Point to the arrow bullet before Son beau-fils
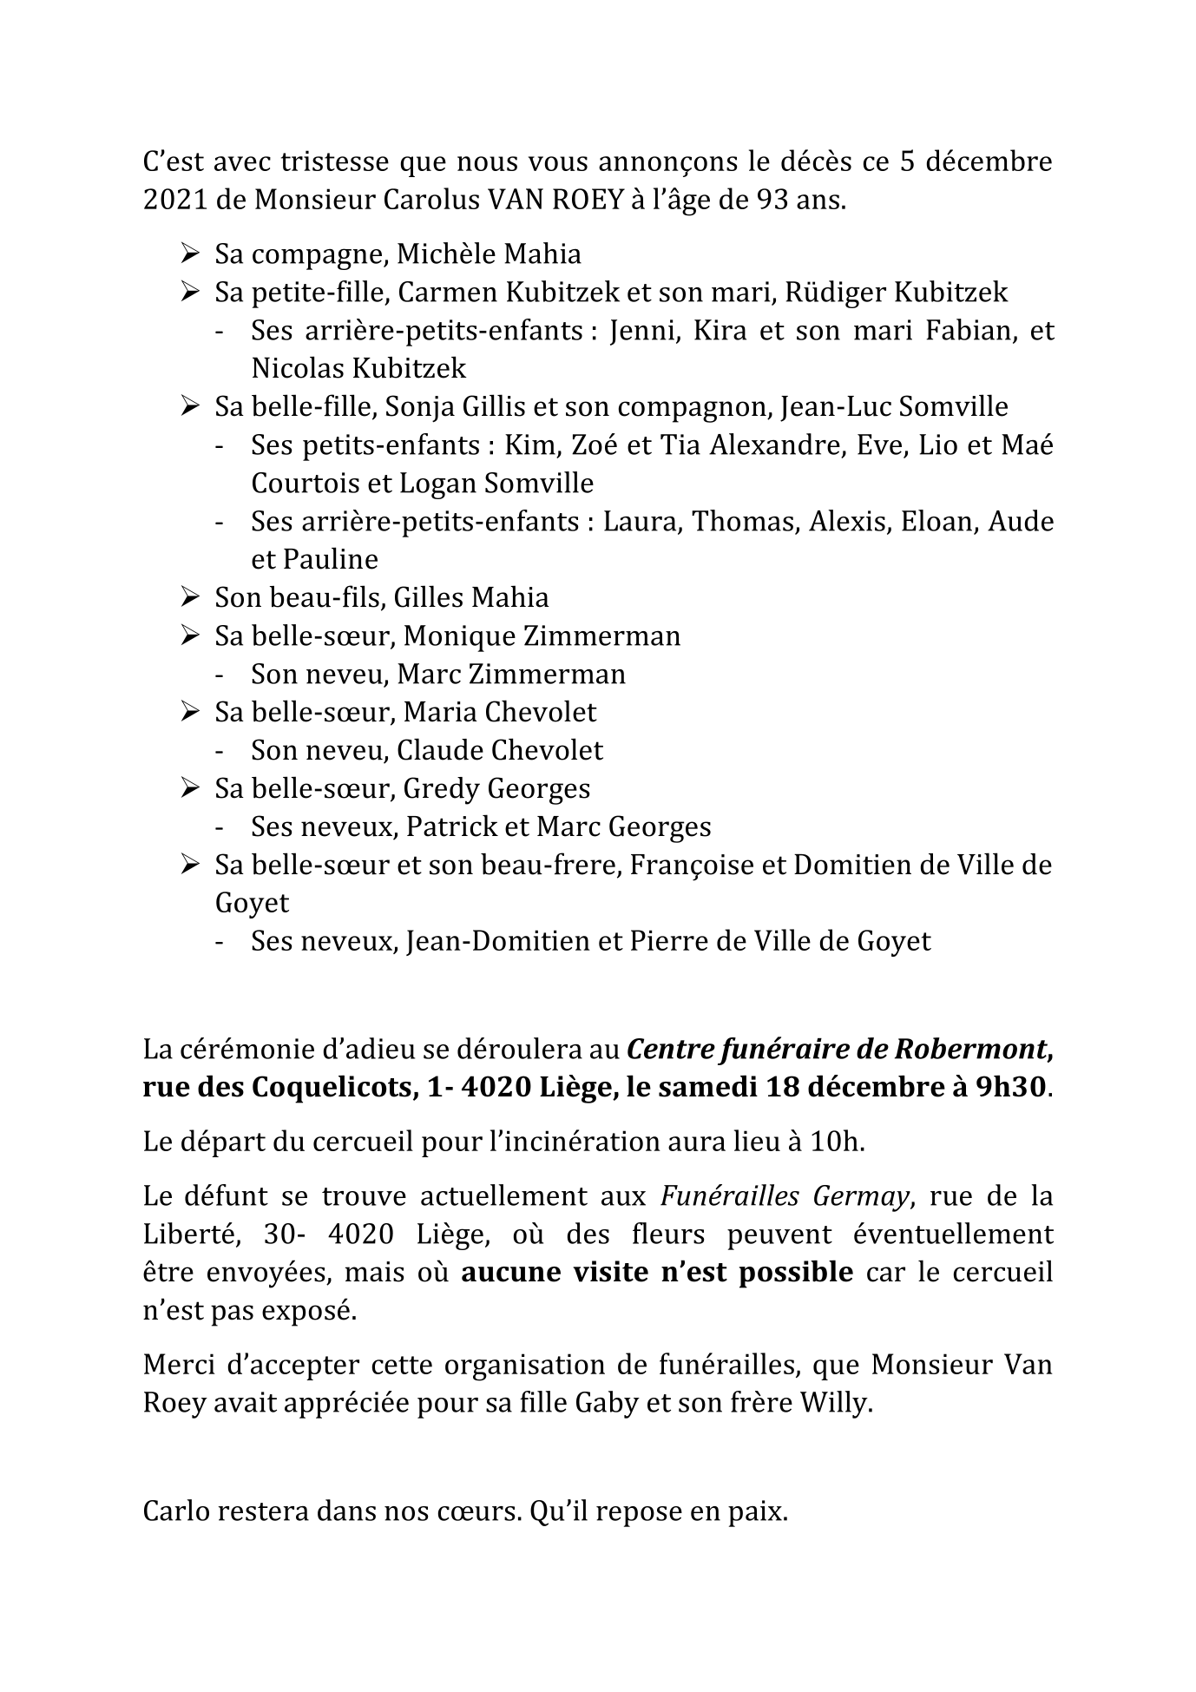click(x=190, y=597)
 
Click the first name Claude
click(x=438, y=750)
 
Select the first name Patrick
click(x=452, y=826)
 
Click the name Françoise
click(x=686, y=866)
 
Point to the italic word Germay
click(x=861, y=1196)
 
